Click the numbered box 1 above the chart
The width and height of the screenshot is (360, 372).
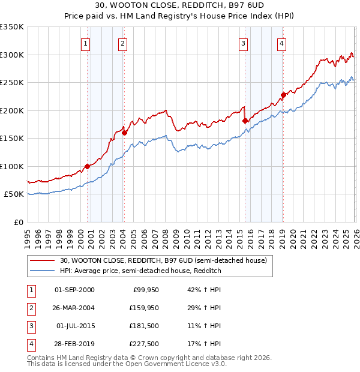86,43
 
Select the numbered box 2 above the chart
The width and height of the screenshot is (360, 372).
122,43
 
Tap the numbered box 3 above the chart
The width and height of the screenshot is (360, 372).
243,43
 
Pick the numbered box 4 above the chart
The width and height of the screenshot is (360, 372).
281,43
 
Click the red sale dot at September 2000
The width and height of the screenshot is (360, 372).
87,166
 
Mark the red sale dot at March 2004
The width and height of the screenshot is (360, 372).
125,133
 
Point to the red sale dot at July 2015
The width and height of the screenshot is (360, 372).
245,121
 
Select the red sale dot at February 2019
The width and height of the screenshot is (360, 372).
283,95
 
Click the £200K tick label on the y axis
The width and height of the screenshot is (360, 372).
13,110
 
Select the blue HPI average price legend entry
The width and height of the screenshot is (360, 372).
140,271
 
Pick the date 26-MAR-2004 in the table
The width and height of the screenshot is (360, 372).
74,308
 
